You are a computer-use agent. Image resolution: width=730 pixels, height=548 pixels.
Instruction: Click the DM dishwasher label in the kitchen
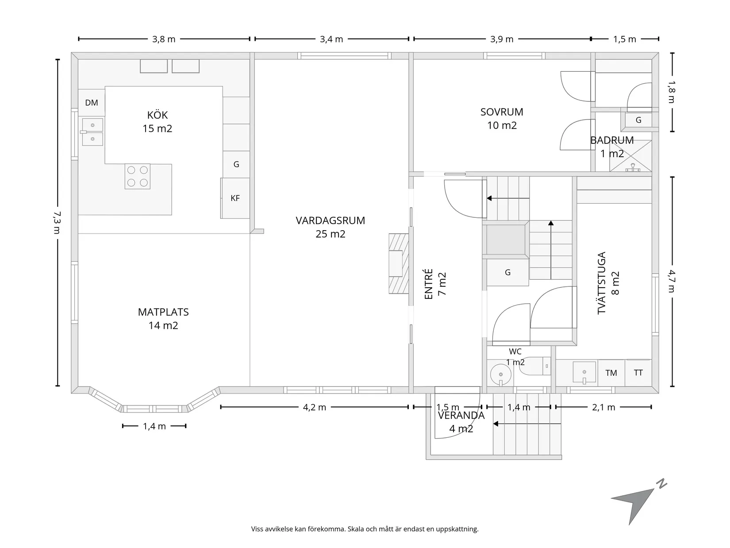point(92,103)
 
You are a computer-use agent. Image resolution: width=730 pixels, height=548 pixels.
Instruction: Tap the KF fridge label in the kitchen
point(235,198)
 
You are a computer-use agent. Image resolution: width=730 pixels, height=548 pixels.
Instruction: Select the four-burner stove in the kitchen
point(137,176)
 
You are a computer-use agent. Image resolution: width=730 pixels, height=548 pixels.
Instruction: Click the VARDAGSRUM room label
point(330,220)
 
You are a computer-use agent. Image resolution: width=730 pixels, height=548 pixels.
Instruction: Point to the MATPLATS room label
point(163,312)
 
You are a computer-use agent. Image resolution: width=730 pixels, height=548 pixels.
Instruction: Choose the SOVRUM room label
point(502,112)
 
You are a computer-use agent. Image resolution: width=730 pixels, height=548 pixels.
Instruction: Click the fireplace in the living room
point(399,263)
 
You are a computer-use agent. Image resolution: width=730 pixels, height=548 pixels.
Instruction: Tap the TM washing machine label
point(611,373)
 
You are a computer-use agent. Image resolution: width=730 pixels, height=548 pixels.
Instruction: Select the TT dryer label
point(638,373)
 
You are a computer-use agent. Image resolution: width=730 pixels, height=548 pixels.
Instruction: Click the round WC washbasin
point(500,374)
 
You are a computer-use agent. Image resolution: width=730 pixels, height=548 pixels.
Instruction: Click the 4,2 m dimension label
point(314,407)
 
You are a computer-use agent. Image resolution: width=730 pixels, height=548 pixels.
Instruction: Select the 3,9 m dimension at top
point(502,39)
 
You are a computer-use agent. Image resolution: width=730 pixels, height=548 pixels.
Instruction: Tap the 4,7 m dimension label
point(672,281)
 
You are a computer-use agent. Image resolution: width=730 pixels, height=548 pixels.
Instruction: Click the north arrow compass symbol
point(637,503)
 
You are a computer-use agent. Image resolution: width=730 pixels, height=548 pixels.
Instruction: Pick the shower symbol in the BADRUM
point(630,156)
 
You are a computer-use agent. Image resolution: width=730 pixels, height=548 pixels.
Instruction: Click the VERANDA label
point(461,416)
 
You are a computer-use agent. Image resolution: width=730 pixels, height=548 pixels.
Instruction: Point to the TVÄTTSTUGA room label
point(601,283)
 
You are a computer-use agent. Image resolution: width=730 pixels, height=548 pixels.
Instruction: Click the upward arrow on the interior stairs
point(551,250)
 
